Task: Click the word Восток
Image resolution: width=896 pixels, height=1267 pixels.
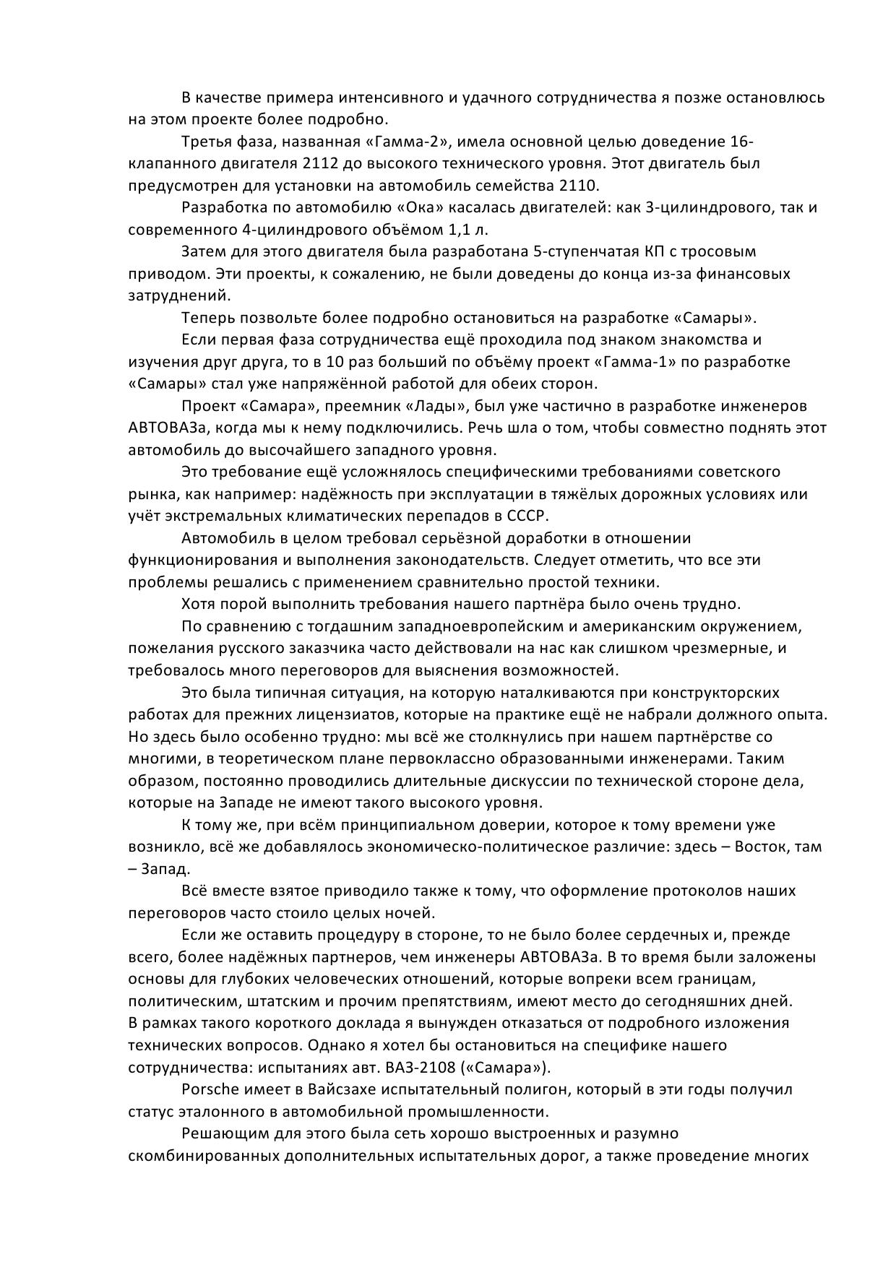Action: point(761,847)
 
